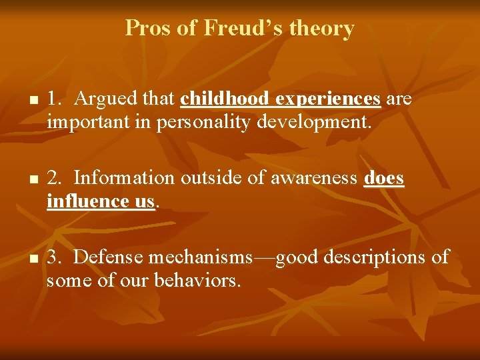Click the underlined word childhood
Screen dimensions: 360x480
[226, 99]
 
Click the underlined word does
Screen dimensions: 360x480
[384, 178]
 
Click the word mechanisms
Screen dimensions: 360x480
[201, 257]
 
